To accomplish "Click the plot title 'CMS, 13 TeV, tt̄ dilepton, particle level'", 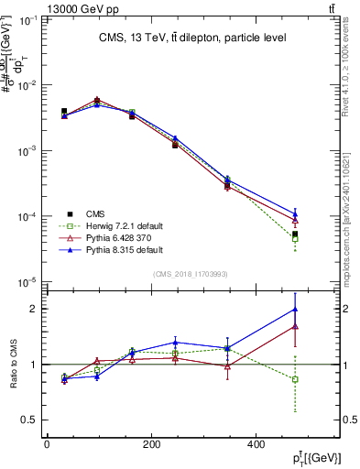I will click(x=193, y=38).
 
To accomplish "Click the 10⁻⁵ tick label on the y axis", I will click(x=29, y=282).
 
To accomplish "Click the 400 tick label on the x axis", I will click(x=256, y=444).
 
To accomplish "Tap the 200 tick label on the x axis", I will click(x=151, y=444).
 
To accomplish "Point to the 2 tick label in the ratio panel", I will click(x=34, y=309).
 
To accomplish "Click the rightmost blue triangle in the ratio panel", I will click(x=295, y=309).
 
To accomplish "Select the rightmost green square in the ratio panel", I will click(x=295, y=379).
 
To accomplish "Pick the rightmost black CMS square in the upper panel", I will click(x=295, y=234).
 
